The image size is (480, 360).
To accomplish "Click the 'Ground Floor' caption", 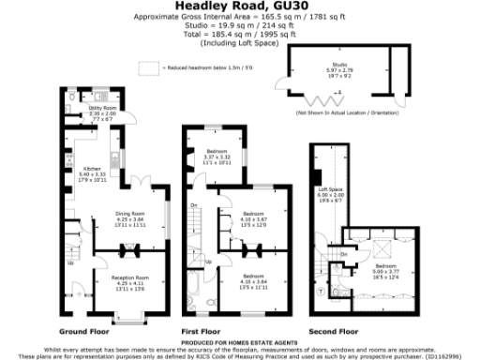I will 84,332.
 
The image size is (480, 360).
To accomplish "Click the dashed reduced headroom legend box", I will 148,67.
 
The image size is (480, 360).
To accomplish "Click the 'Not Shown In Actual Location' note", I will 345,112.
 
